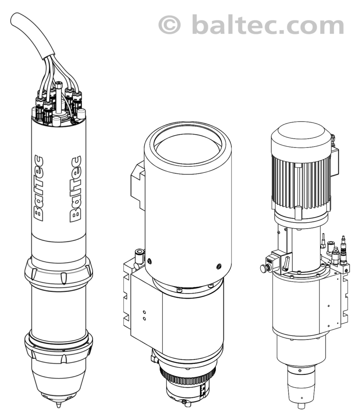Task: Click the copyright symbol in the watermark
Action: pyautogui.click(x=169, y=24)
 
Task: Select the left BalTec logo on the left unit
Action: pyautogui.click(x=39, y=188)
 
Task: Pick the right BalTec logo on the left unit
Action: pyautogui.click(x=76, y=189)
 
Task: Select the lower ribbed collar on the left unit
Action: pyautogui.click(x=59, y=348)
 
